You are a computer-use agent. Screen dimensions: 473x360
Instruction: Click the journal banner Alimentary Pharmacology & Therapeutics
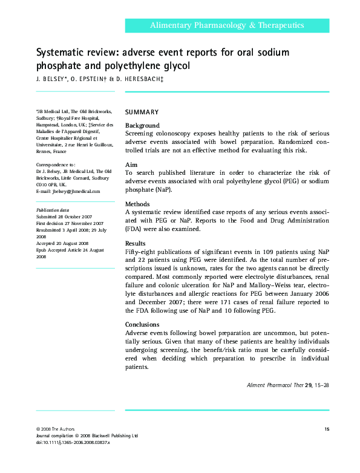click(x=227, y=25)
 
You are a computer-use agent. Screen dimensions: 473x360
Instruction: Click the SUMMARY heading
click(x=142, y=112)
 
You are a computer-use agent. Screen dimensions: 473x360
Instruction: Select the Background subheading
click(x=142, y=125)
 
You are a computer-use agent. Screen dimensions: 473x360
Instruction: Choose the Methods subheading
click(x=137, y=204)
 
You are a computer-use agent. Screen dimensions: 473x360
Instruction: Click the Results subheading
click(x=136, y=243)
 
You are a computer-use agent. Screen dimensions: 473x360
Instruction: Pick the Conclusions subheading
click(x=142, y=325)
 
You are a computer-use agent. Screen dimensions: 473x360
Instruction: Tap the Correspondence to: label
click(x=56, y=165)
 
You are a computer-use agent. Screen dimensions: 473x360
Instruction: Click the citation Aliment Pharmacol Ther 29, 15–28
click(x=289, y=385)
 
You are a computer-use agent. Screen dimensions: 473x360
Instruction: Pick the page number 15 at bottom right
click(x=327, y=429)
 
